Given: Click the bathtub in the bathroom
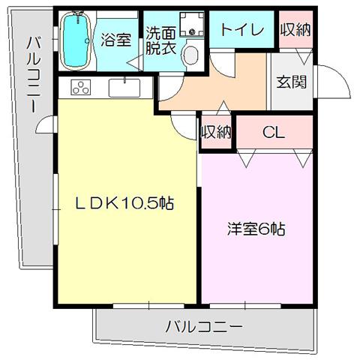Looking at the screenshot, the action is [x=75, y=40].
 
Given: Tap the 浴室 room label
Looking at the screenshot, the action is [x=116, y=40].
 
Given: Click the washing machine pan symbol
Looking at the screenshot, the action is [x=192, y=25].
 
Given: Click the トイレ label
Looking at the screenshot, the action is [x=242, y=30].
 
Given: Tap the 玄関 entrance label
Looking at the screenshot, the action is [x=292, y=82].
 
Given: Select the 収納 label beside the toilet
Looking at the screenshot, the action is [x=295, y=30].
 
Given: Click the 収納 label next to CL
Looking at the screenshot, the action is [x=217, y=132].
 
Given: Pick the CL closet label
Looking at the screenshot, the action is [x=274, y=133].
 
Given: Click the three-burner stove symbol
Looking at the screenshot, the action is [x=81, y=87].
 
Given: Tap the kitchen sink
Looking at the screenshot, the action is [x=124, y=88].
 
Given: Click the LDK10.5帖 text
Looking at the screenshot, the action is [x=124, y=203].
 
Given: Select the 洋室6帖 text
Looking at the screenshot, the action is [x=256, y=229].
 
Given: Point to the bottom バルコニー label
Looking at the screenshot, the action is [x=204, y=326].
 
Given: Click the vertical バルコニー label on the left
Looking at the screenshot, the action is [x=32, y=74].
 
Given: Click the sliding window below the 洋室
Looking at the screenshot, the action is [x=245, y=305].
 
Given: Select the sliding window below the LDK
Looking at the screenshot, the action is [x=148, y=305].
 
